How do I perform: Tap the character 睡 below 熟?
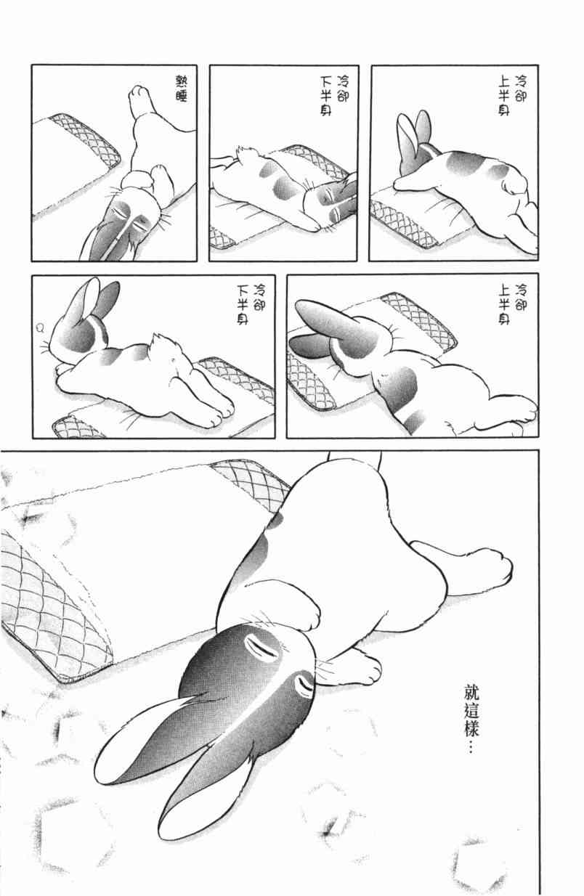click(182, 95)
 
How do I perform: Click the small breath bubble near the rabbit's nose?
click(40, 328)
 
